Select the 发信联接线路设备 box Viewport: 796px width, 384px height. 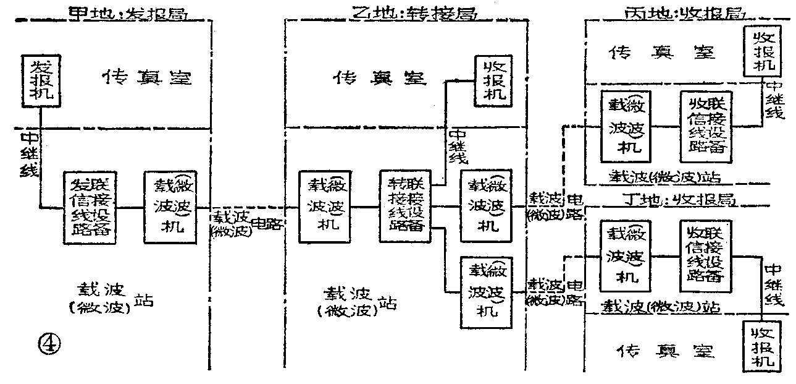[x=90, y=208]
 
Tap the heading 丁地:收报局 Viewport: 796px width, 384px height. [x=678, y=200]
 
